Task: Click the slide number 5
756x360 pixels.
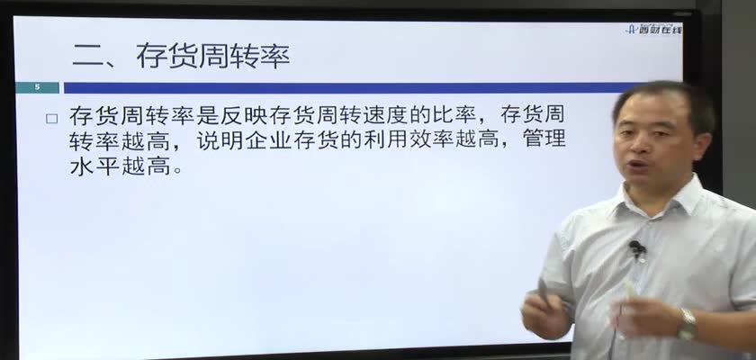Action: pyautogui.click(x=37, y=87)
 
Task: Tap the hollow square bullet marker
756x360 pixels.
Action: pyautogui.click(x=51, y=119)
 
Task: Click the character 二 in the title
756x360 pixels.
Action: pyautogui.click(x=86, y=56)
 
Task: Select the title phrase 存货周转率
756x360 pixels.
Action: pyautogui.click(x=212, y=56)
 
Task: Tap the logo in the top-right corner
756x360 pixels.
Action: pyautogui.click(x=653, y=30)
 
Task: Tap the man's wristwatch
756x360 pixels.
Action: pyautogui.click(x=688, y=323)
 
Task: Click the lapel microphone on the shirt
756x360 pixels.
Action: pyautogui.click(x=637, y=248)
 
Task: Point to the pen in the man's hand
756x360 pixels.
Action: pyautogui.click(x=544, y=291)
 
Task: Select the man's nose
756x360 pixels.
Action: pyautogui.click(x=638, y=147)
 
